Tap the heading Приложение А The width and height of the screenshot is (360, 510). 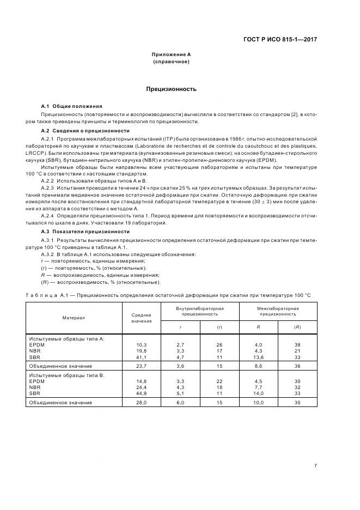(171, 54)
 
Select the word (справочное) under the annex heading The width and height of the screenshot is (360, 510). (171, 62)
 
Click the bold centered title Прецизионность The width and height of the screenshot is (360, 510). (171, 89)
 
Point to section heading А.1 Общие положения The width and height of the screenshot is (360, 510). (71, 105)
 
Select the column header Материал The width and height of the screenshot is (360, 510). (74, 317)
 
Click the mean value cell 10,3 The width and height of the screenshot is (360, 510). (142, 345)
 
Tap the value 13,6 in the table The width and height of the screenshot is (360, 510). (259, 357)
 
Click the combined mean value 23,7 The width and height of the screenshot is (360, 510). (142, 366)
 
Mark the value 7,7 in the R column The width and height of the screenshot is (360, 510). (259, 387)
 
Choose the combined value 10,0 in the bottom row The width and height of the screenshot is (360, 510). (259, 403)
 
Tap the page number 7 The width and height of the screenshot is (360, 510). (316, 465)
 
